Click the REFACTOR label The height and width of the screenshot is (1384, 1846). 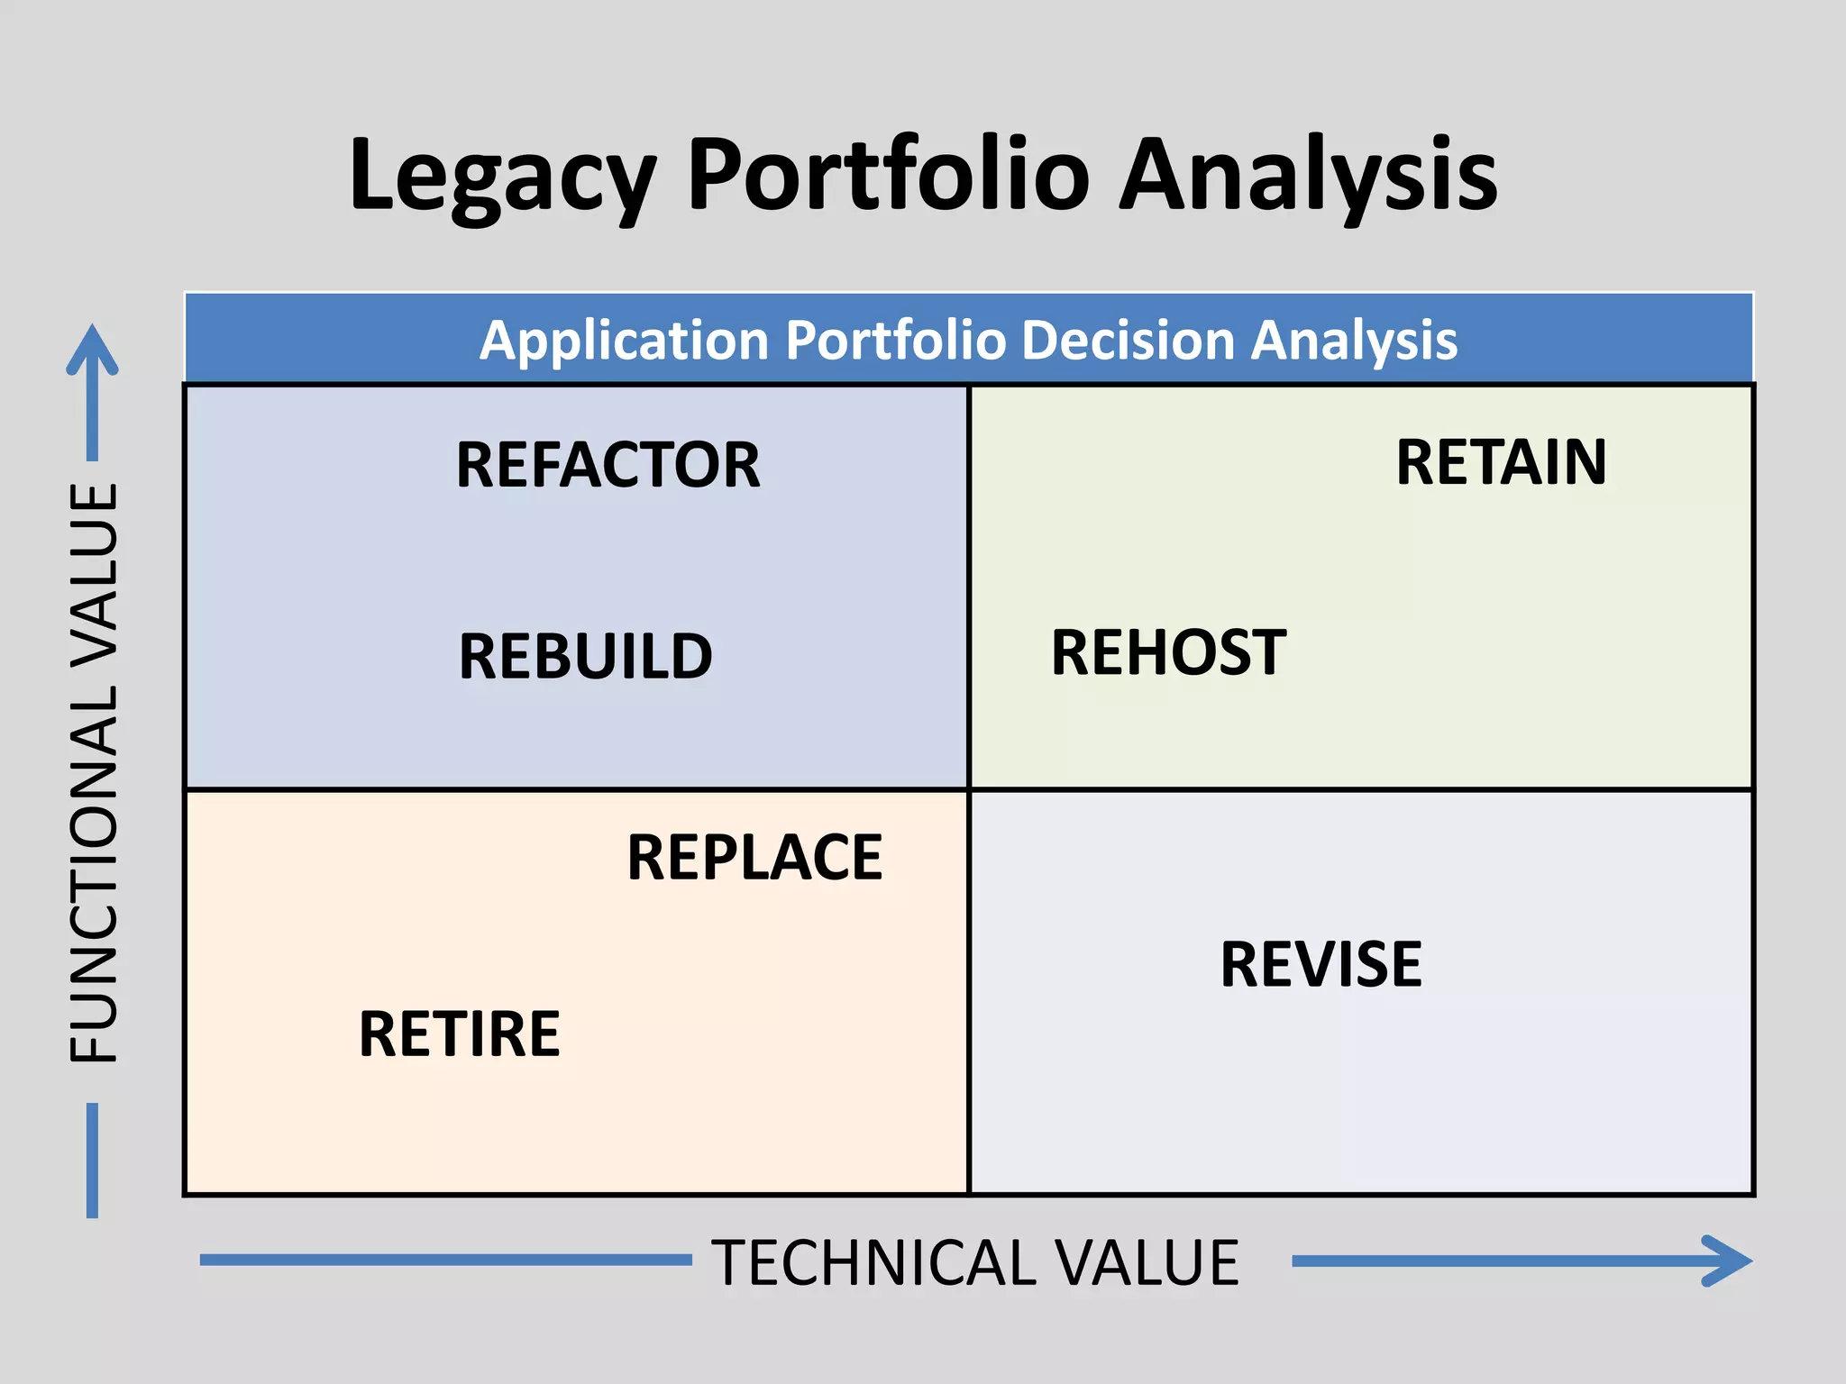pos(608,466)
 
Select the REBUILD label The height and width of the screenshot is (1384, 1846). pos(585,657)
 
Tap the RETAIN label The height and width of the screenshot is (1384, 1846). pos(1501,463)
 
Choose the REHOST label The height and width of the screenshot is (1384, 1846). pos(1168,653)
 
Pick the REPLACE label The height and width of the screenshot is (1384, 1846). pos(754,858)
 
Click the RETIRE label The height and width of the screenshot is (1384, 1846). pos(459,1034)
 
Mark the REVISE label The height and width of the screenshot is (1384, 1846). pos(1321,965)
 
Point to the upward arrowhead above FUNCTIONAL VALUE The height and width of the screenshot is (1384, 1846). pos(92,347)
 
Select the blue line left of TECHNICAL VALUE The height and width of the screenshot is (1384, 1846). pos(445,1260)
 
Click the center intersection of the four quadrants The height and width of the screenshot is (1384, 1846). pos(969,790)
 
